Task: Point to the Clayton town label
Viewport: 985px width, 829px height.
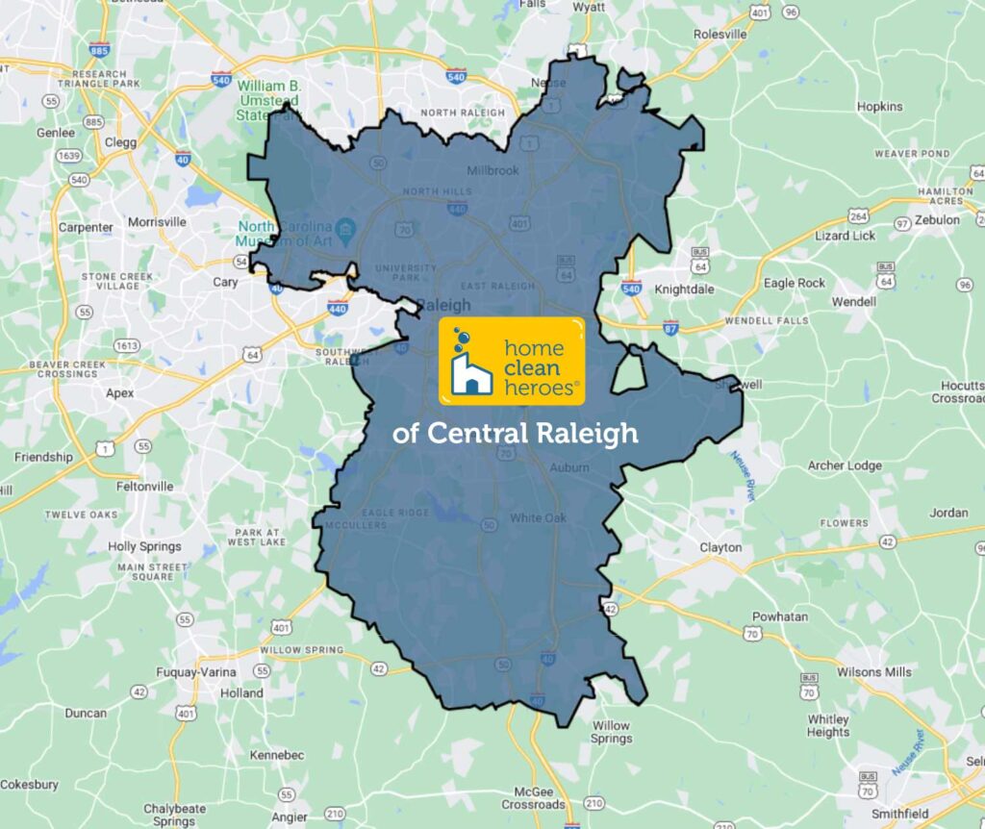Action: (x=720, y=547)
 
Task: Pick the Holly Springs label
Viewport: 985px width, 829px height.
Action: (x=144, y=546)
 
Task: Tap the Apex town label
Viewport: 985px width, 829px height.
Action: (x=120, y=392)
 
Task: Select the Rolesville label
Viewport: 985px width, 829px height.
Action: (x=720, y=35)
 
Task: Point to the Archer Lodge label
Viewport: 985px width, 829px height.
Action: (x=845, y=465)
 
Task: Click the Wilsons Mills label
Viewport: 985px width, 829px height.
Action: (x=874, y=671)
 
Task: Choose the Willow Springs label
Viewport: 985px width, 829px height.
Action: (x=611, y=732)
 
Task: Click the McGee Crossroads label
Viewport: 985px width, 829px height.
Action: (x=533, y=796)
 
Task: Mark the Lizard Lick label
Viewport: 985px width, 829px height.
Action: (x=845, y=235)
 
